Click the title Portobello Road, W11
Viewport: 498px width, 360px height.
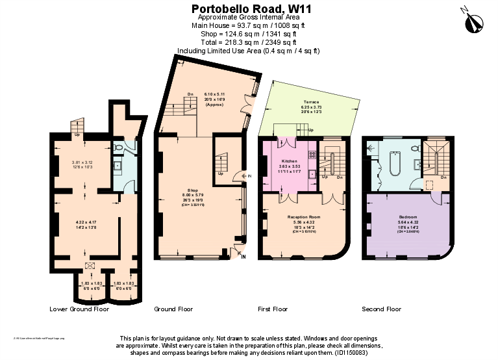pos(248,8)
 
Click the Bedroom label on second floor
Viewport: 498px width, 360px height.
pos(408,216)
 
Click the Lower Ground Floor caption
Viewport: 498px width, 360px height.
pos(79,309)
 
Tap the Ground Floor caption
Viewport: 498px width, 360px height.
pos(173,309)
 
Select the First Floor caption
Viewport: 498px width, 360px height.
pos(273,309)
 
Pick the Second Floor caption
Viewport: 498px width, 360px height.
pos(382,309)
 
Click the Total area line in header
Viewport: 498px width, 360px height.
pos(248,42)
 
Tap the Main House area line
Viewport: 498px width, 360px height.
pos(248,25)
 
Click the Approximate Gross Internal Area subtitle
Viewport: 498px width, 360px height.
pos(248,17)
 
